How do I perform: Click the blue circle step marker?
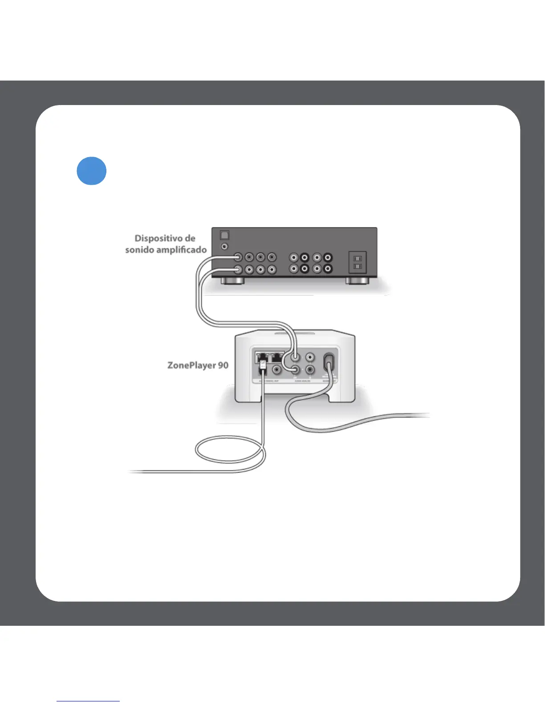click(91, 171)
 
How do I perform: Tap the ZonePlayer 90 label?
click(198, 365)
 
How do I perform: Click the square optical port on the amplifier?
click(224, 235)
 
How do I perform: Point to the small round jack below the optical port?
click(225, 246)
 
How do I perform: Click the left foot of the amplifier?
click(232, 281)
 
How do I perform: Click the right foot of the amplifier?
click(357, 281)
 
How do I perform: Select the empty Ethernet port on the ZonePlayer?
click(277, 357)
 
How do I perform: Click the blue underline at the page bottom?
click(88, 701)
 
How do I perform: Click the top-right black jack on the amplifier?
click(328, 257)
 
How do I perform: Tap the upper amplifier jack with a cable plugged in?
click(238, 257)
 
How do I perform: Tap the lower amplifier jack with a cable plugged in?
click(238, 269)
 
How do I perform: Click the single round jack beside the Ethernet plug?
click(277, 369)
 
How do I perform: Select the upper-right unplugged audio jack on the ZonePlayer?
click(310, 357)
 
